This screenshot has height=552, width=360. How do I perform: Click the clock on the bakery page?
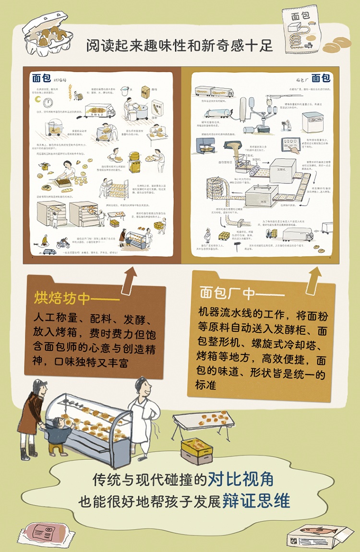[48, 102]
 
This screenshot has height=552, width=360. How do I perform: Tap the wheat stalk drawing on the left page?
[71, 91]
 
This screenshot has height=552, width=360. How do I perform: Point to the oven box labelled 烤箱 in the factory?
[261, 196]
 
